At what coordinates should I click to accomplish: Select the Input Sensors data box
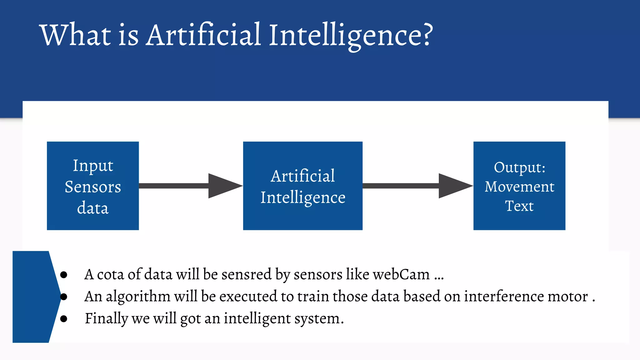pyautogui.click(x=93, y=186)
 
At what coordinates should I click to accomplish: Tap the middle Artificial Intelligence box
pyautogui.click(x=302, y=186)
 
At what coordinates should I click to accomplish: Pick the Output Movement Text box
pyautogui.click(x=519, y=186)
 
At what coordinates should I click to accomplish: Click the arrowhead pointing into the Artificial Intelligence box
pyautogui.click(x=224, y=186)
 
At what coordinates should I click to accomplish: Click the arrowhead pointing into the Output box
pyautogui.click(x=455, y=186)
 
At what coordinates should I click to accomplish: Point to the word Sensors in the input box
pyautogui.click(x=93, y=187)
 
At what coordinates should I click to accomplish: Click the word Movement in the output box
pyautogui.click(x=519, y=187)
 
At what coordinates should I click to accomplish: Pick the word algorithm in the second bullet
pyautogui.click(x=138, y=297)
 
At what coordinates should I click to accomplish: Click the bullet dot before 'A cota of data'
pyautogui.click(x=64, y=275)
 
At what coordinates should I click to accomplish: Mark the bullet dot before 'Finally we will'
pyautogui.click(x=64, y=319)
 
